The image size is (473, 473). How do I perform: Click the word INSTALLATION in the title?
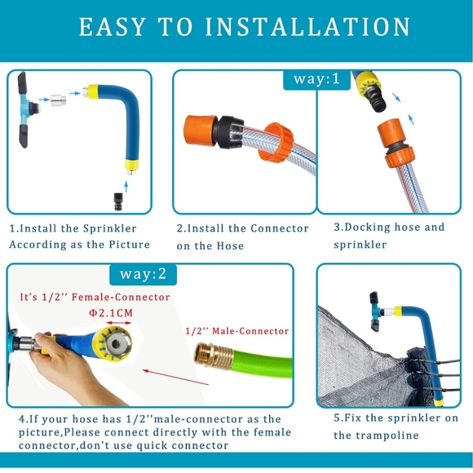(x=307, y=27)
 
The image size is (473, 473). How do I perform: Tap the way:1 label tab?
(x=316, y=80)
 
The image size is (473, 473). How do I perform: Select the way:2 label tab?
(x=143, y=275)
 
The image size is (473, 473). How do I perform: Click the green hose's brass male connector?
(x=214, y=356)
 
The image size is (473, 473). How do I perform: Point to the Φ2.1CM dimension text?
(x=111, y=313)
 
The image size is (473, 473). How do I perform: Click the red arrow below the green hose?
(x=175, y=378)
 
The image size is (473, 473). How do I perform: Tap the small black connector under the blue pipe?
(x=118, y=201)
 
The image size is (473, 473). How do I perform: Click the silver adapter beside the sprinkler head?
(x=58, y=100)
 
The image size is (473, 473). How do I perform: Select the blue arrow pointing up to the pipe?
(x=126, y=187)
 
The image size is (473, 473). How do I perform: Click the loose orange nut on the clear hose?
(x=276, y=142)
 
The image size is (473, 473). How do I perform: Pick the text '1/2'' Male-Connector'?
(x=236, y=331)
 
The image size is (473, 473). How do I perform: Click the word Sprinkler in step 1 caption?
(x=110, y=228)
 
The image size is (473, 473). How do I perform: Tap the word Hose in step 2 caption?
(x=230, y=245)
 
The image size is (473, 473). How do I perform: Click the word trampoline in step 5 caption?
(x=387, y=435)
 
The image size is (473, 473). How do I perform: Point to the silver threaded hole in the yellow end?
(x=116, y=343)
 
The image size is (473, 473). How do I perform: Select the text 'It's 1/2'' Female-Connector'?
(x=95, y=297)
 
